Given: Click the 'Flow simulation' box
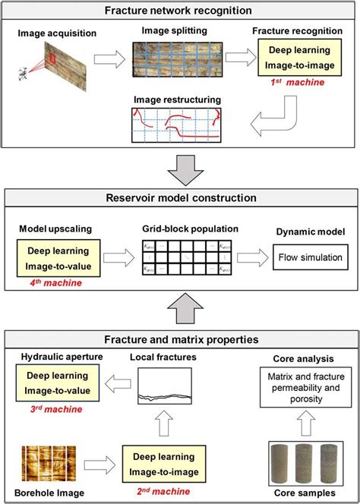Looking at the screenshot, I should click(x=310, y=257).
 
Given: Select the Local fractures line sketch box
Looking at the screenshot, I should click(x=159, y=386).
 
